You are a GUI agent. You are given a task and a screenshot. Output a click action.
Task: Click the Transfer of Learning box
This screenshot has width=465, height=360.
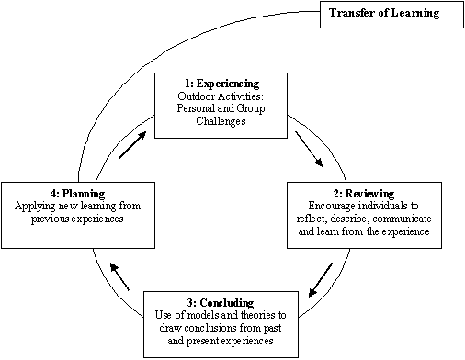[x=391, y=15]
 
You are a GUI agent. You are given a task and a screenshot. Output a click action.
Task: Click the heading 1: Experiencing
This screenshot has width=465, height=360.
[x=221, y=84]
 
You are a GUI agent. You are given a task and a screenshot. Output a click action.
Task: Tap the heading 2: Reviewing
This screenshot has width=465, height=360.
[x=364, y=194]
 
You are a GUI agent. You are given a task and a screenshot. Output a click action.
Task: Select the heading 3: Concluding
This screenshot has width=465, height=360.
[x=221, y=303]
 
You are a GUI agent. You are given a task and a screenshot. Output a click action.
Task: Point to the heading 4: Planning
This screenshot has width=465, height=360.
[x=78, y=194]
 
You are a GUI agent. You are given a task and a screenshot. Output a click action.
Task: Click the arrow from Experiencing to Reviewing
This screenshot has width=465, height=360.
[x=309, y=150]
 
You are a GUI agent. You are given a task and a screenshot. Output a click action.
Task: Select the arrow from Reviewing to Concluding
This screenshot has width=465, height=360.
[x=321, y=280]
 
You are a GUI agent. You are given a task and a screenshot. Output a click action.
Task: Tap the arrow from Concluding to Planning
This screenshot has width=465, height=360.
[x=119, y=276]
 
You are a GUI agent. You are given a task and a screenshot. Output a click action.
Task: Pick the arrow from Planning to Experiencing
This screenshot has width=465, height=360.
[x=132, y=145]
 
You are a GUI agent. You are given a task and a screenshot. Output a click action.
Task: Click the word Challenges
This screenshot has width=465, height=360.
[x=221, y=121]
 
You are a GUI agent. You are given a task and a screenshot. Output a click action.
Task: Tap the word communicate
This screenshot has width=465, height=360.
[x=402, y=219]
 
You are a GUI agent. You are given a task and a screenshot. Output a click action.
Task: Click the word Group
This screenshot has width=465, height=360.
[x=251, y=108]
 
